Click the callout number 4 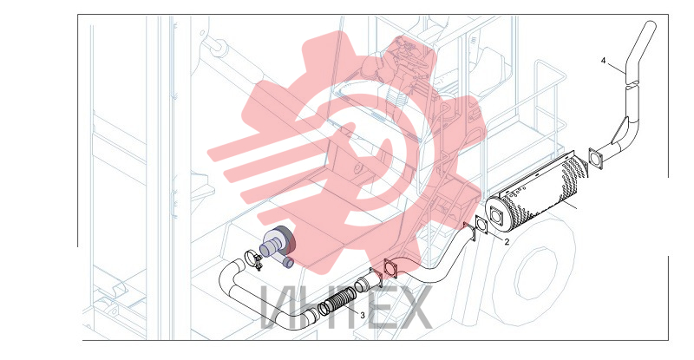(x=603, y=60)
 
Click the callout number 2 (x=507, y=242)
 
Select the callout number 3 (x=363, y=315)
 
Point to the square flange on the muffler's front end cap (x=496, y=216)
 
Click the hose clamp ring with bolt (x=253, y=259)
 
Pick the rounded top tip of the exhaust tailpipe (x=651, y=23)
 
